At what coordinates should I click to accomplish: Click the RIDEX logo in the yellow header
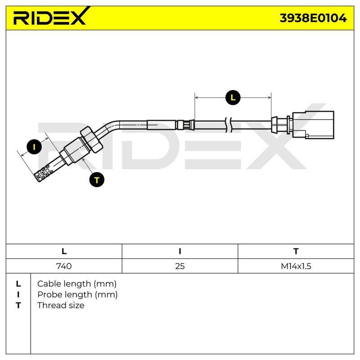(51, 16)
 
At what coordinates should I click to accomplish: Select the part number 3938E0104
(313, 18)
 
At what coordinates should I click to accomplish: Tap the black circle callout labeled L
(233, 98)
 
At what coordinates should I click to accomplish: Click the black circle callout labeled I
(34, 147)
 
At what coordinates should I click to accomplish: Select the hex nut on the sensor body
(91, 139)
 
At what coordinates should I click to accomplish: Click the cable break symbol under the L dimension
(228, 125)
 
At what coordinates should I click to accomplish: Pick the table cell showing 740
(64, 266)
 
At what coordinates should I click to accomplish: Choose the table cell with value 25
(180, 266)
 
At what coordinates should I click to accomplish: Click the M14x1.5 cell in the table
(296, 266)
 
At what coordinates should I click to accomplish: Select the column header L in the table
(64, 251)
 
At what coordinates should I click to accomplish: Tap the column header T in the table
(296, 251)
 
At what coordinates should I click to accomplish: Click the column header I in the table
(180, 251)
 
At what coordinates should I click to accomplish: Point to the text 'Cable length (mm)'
(76, 284)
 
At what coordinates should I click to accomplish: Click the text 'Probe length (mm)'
(77, 295)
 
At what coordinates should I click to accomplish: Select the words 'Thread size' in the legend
(61, 306)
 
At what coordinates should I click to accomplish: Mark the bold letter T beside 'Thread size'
(18, 306)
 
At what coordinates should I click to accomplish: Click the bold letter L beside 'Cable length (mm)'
(18, 284)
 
